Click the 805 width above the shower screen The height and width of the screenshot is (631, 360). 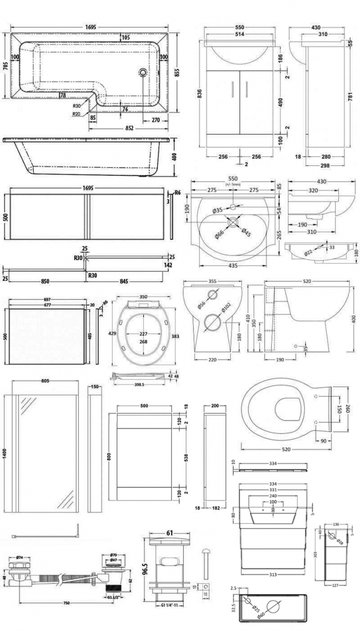[45, 381]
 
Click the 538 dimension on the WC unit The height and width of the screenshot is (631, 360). [187, 458]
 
